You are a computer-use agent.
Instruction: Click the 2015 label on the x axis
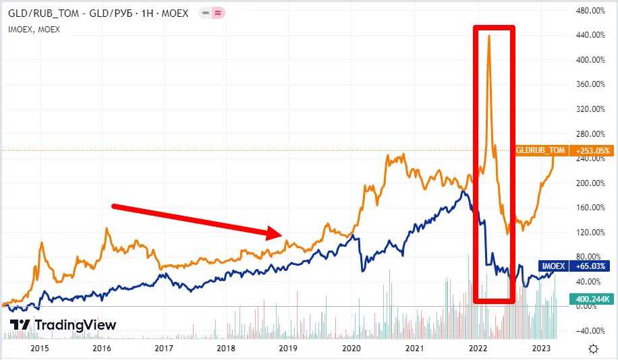coord(40,349)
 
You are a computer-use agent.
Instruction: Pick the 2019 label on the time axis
coord(288,349)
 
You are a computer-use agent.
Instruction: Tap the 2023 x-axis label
coord(541,349)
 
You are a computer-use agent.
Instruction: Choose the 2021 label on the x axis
coord(414,349)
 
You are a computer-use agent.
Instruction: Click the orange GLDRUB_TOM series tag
coord(540,150)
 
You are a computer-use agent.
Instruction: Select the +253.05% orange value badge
coord(591,150)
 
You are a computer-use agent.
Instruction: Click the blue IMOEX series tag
coord(553,266)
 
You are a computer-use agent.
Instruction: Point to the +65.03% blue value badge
coord(591,266)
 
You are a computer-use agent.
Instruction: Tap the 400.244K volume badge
coord(591,298)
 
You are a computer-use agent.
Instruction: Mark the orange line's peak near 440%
coord(488,36)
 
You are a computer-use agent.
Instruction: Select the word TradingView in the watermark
coord(75,325)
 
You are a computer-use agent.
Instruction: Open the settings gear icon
coord(593,349)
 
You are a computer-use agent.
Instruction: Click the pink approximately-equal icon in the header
coord(219,13)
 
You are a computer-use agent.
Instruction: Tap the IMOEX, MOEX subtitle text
coord(34,29)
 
